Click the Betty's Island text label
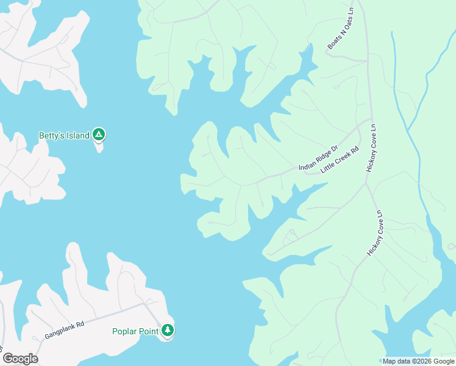[64, 135]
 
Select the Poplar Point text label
[135, 332]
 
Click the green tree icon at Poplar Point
[168, 331]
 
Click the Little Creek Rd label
[340, 160]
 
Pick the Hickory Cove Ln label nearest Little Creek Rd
[371, 149]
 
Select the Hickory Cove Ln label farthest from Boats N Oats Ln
[374, 233]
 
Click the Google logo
[20, 359]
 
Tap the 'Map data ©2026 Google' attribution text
[418, 361]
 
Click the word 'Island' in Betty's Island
[78, 135]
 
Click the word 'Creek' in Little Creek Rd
[341, 159]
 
